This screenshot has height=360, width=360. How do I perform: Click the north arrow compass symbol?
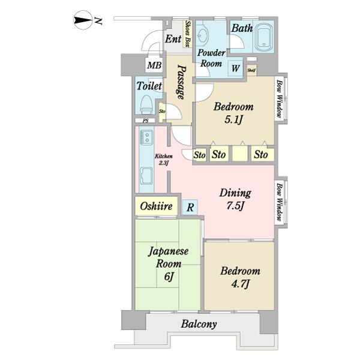(83, 20)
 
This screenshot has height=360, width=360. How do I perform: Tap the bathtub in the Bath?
(264, 37)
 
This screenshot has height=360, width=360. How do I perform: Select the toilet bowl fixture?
(146, 104)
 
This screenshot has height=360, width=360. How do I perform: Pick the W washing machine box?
(235, 68)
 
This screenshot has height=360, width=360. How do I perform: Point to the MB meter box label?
(154, 65)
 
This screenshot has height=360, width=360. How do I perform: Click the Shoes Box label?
(188, 34)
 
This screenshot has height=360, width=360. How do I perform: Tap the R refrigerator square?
(190, 208)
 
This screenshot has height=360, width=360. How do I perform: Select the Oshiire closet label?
(157, 206)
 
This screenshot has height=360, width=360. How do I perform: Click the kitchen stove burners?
(146, 137)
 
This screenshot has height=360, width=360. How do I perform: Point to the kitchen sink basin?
(146, 176)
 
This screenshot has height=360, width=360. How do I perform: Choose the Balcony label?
(199, 324)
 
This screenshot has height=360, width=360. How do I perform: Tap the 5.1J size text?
(234, 119)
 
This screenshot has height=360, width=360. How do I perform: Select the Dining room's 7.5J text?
(235, 205)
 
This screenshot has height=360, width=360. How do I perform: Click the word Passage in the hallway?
(181, 82)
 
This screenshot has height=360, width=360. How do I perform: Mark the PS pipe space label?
(146, 121)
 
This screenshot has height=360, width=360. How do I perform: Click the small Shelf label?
(251, 70)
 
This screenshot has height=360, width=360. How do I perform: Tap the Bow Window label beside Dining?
(280, 202)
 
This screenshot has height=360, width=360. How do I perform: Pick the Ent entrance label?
(173, 39)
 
